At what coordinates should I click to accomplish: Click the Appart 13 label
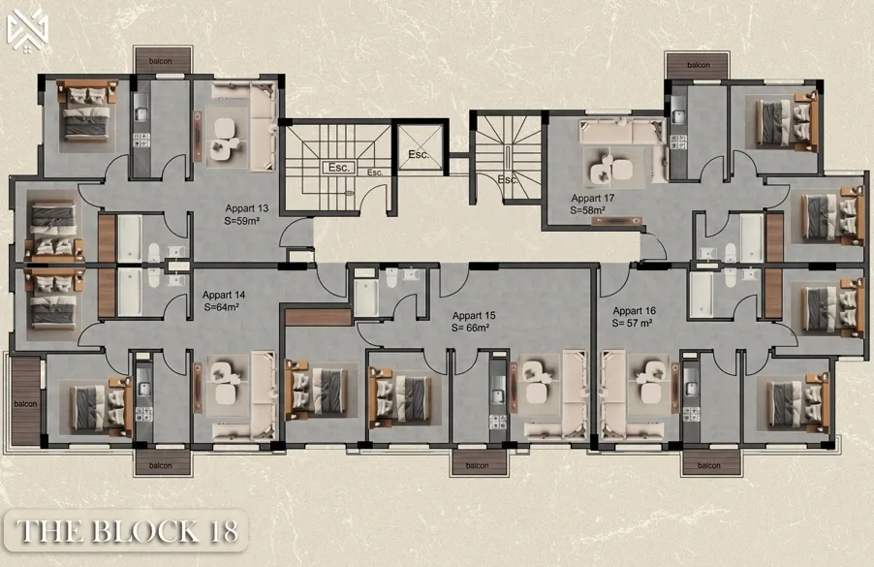pyautogui.click(x=246, y=208)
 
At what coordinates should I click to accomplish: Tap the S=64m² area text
pyautogui.click(x=221, y=307)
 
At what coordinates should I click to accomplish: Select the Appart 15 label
pyautogui.click(x=474, y=316)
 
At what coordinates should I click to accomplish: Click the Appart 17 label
pyautogui.click(x=592, y=198)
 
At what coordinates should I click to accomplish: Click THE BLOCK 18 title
pyautogui.click(x=127, y=531)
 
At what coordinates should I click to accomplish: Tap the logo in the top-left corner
pyautogui.click(x=27, y=31)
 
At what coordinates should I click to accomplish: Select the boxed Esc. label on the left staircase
pyautogui.click(x=338, y=168)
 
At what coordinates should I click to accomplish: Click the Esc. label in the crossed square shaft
pyautogui.click(x=418, y=154)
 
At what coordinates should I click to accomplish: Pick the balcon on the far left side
pyautogui.click(x=25, y=401)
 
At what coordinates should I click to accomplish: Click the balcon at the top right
pyautogui.click(x=698, y=65)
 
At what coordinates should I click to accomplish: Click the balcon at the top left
pyautogui.click(x=161, y=60)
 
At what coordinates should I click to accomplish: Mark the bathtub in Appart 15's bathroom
pyautogui.click(x=365, y=299)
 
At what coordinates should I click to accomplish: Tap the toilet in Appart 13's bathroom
pyautogui.click(x=154, y=253)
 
